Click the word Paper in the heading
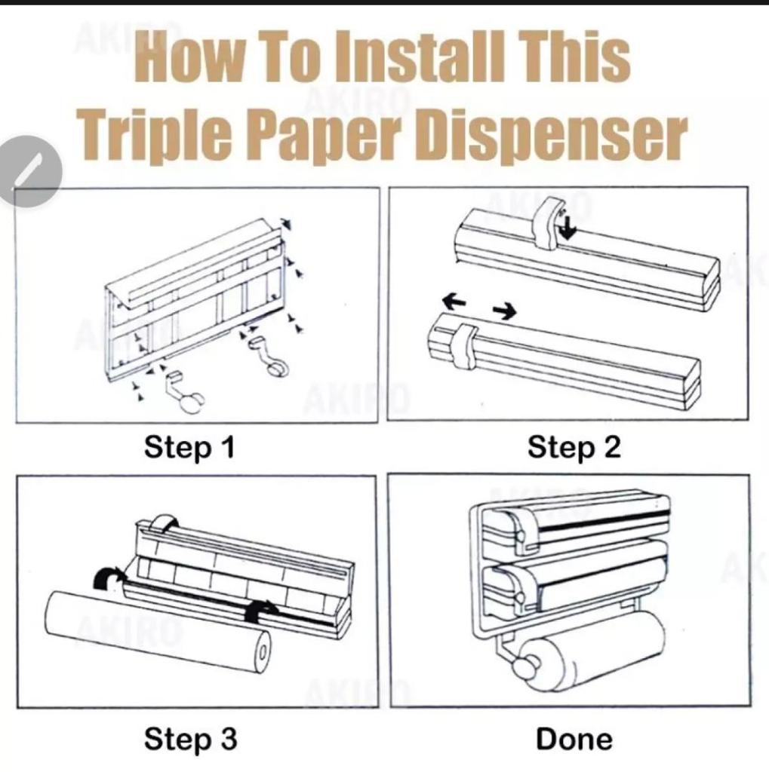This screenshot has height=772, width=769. [x=325, y=134]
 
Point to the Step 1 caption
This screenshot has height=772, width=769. [x=189, y=448]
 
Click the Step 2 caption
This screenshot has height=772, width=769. [x=574, y=448]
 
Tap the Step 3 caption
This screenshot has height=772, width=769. [x=190, y=740]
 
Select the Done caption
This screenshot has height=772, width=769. [x=574, y=740]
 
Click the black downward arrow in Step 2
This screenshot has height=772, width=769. [x=568, y=227]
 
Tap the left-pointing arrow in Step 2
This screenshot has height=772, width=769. [x=454, y=300]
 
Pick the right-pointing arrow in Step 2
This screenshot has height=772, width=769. [x=505, y=311]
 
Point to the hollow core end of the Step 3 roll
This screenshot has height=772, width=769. [x=263, y=652]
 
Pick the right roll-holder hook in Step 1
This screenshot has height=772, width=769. [x=269, y=357]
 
